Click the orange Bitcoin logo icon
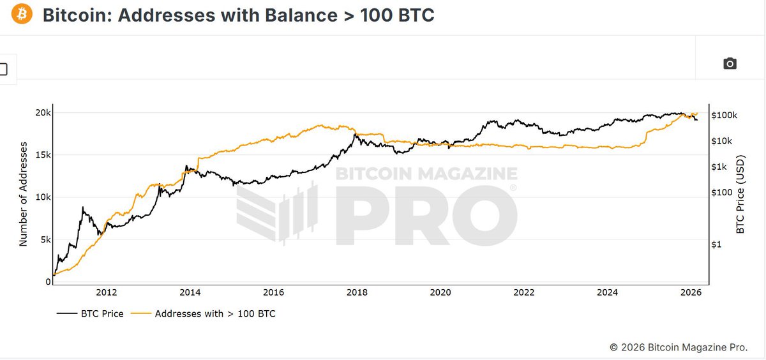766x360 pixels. pos(21,14)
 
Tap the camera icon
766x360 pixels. pos(730,63)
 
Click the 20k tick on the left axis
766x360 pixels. pos(43,113)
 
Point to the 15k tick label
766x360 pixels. pos(43,155)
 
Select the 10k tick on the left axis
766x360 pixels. pos(43,197)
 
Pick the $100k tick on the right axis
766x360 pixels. pos(725,115)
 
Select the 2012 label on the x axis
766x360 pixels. pos(106,292)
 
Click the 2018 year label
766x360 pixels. pos(357,292)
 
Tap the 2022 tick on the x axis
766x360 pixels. pos(524,292)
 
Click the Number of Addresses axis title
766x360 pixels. pos(24,194)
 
